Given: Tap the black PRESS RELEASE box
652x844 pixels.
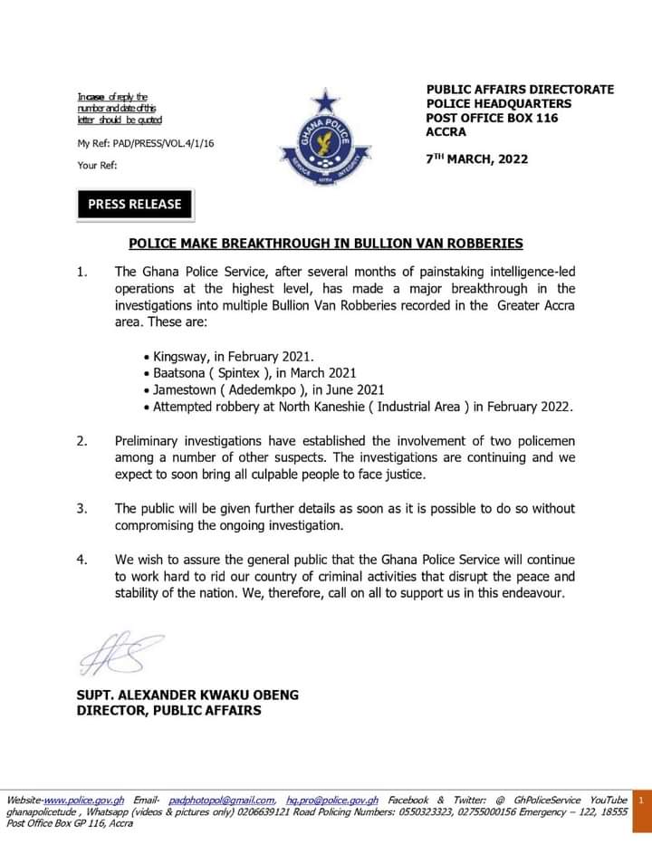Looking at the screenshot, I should coord(134,204).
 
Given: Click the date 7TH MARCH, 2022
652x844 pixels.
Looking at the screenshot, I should coord(477,158).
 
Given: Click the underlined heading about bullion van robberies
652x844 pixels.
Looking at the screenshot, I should coord(326,244).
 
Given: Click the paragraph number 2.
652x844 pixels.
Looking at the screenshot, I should coord(82,441).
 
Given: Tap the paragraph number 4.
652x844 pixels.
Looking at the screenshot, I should coord(82,561).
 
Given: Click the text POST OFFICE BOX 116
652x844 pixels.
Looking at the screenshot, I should coord(492,118).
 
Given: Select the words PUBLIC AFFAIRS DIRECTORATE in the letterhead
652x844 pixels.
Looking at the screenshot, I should coord(520,90).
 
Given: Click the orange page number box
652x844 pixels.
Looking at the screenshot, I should coord(641,801).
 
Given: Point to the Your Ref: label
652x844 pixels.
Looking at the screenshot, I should coord(98,166).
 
